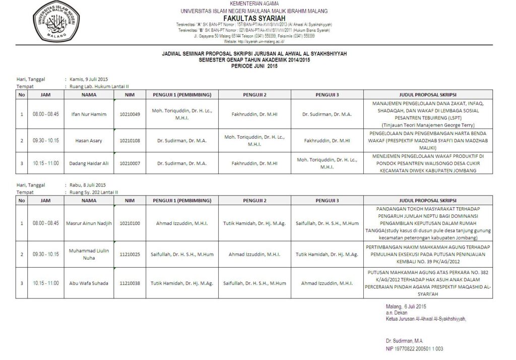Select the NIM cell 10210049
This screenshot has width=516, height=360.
coord(130,114)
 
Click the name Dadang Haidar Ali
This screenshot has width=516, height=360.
coord(89,163)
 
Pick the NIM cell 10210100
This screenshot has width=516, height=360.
coord(130,223)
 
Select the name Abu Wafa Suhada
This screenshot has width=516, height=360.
coord(89,283)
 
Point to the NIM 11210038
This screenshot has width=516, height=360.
coord(130,283)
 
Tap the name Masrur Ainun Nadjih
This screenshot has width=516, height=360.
coord(89,223)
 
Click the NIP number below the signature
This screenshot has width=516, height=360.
coord(415,349)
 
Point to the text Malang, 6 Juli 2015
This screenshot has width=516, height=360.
coord(406,307)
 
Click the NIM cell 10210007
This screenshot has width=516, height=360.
coord(130,163)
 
